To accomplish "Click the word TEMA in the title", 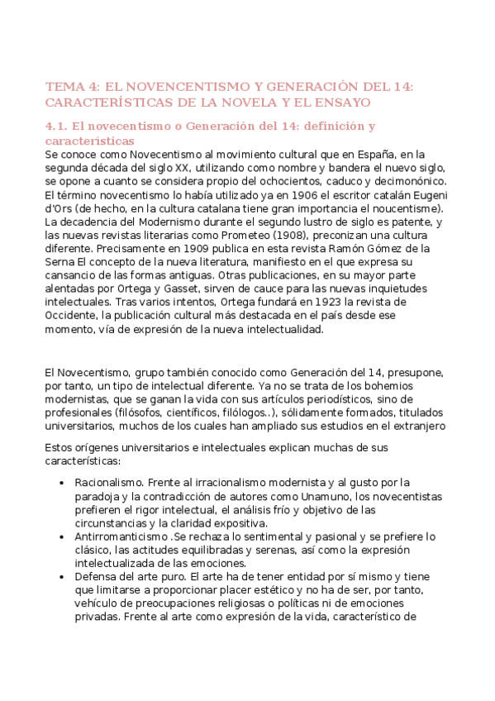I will (x=62, y=86).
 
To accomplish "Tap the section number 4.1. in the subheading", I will (x=56, y=126).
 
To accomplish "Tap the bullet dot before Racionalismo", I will (x=65, y=483).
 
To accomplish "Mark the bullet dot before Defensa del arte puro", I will (x=65, y=577).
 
